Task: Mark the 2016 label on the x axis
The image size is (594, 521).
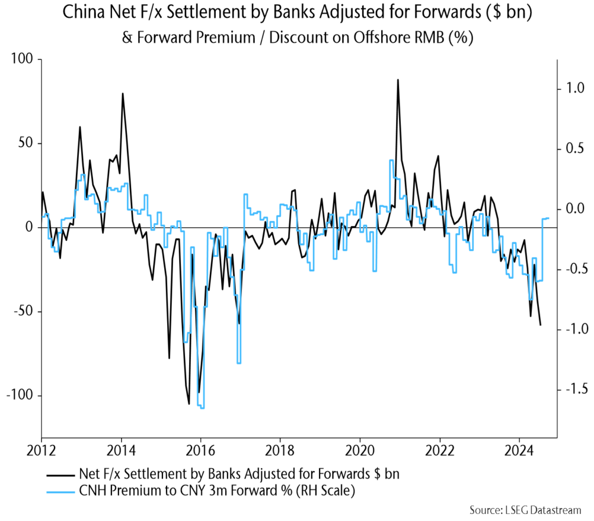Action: pyautogui.click(x=200, y=451)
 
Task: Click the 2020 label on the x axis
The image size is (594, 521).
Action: pyautogui.click(x=360, y=451)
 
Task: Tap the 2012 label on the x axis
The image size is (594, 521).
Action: pyautogui.click(x=41, y=451)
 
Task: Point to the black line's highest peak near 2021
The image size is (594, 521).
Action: pyautogui.click(x=398, y=80)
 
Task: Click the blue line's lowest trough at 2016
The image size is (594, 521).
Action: pyautogui.click(x=202, y=408)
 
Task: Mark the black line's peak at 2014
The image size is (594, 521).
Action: pyautogui.click(x=122, y=94)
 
